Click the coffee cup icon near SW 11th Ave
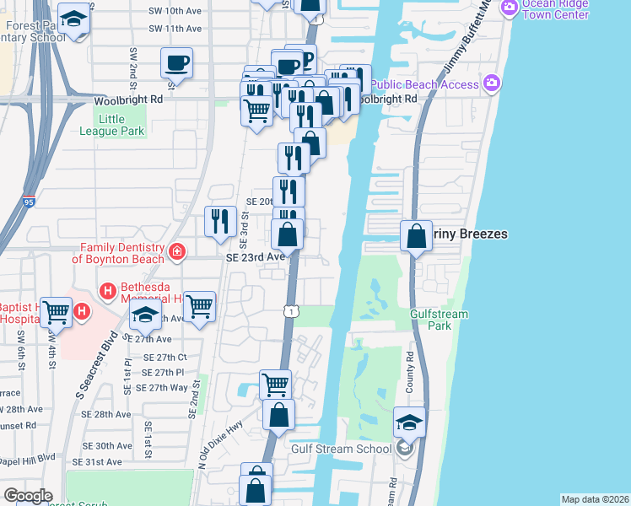(x=176, y=62)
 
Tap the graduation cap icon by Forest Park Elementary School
(x=74, y=19)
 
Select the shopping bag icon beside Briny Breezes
(x=416, y=235)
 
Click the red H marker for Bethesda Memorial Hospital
(x=108, y=292)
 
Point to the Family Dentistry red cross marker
(x=175, y=250)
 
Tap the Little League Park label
(x=112, y=126)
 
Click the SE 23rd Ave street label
(x=254, y=257)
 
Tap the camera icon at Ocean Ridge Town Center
(x=509, y=8)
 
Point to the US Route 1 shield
(x=290, y=311)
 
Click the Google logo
(x=28, y=496)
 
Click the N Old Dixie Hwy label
(x=220, y=444)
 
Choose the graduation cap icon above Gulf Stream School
(x=409, y=422)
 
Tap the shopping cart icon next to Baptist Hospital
(x=56, y=311)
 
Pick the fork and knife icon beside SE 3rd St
(x=219, y=221)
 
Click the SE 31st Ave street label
(x=101, y=462)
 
